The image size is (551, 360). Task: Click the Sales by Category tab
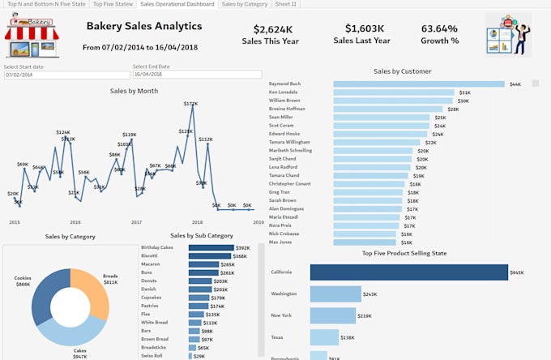click(x=245, y=4)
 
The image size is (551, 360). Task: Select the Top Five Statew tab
click(x=113, y=4)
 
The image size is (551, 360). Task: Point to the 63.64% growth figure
click(x=439, y=29)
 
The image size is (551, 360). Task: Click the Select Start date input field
click(x=65, y=75)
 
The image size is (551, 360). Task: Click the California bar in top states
click(x=408, y=273)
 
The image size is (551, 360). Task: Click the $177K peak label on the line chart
click(x=190, y=104)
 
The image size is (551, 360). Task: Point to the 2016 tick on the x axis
click(x=75, y=221)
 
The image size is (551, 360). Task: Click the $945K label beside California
click(x=517, y=273)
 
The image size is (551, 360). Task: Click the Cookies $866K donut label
click(x=23, y=281)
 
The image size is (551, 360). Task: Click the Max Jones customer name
click(x=280, y=242)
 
